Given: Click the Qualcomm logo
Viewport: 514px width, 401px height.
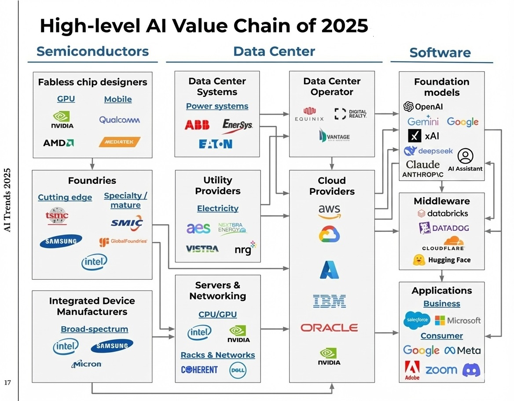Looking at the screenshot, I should pos(119,120).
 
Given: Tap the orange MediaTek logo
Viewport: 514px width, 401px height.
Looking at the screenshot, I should pos(119,142).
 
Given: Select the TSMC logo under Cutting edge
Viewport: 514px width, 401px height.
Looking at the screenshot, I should pos(57,215).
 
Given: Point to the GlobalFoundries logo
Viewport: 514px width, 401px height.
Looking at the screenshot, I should pos(123,241).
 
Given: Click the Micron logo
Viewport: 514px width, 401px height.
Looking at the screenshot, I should pos(86,364).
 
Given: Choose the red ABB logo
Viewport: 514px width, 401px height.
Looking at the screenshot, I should pos(197,125).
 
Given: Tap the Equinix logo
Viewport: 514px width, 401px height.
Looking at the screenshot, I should pos(309,114).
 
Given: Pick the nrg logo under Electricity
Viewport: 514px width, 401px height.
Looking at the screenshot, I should pos(245,248).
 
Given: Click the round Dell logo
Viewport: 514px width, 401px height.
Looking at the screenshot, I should pos(238,370).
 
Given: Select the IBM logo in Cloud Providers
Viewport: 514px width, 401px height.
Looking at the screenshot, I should pos(329,301).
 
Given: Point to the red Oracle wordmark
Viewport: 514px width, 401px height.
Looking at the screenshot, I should pos(329,328).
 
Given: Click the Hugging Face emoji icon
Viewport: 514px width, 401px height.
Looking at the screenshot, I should pos(419,260).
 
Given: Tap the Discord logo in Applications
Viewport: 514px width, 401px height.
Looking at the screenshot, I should pos(471,370).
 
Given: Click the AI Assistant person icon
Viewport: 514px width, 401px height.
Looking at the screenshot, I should pos(465,156).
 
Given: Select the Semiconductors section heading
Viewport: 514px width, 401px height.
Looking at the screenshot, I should pos(92,51).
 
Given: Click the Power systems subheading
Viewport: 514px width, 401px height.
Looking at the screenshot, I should pos(217,106).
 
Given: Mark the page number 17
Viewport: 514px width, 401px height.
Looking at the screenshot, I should pos(7,383).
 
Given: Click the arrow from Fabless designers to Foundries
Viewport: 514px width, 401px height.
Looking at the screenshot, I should pos(92,164).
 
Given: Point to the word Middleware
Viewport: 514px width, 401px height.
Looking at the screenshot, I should pos(441,201).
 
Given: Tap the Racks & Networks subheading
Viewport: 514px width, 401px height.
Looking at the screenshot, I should pos(217,355).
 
